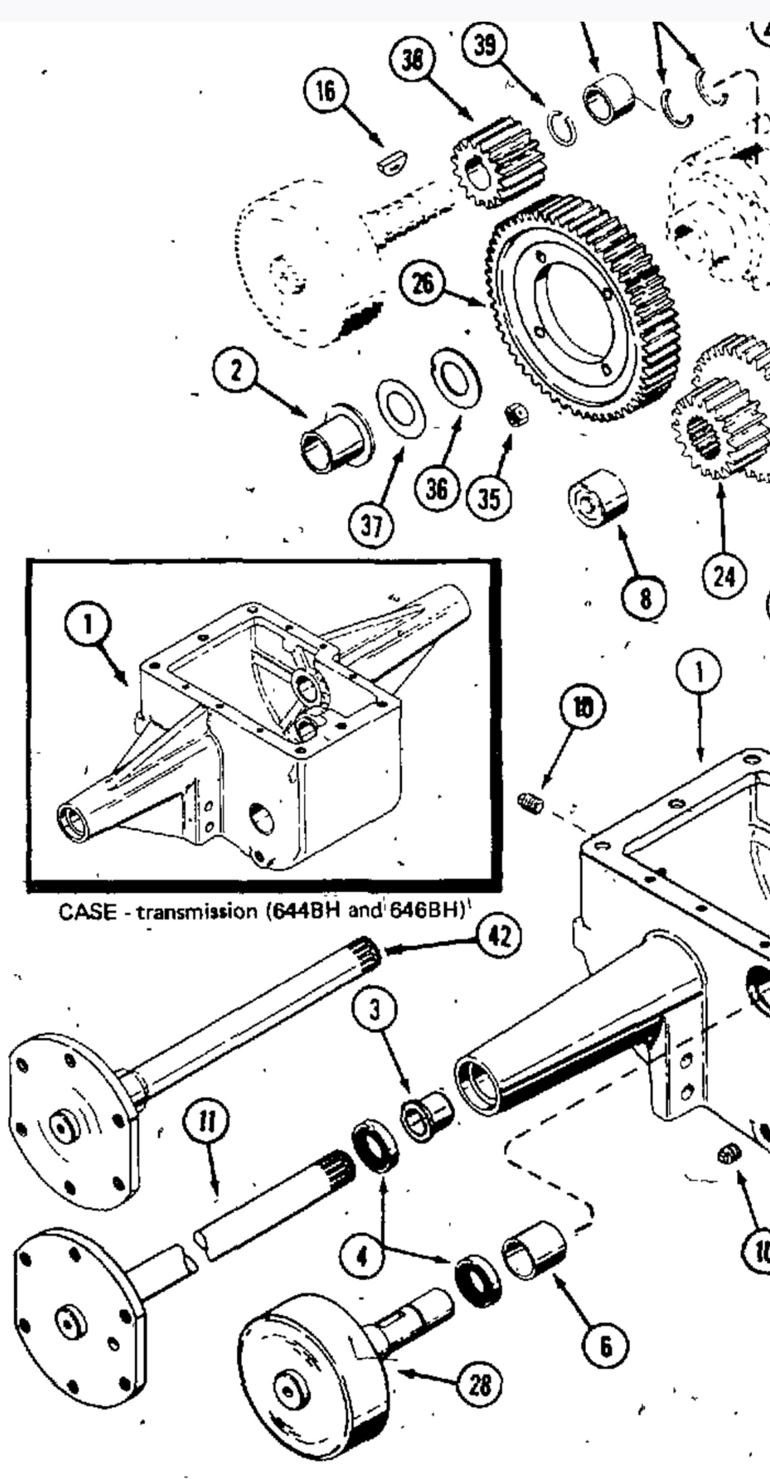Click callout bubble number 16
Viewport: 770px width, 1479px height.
[x=325, y=91]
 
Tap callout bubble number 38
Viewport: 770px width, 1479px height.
[x=412, y=60]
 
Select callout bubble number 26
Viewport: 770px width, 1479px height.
[x=423, y=283]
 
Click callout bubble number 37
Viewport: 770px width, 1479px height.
[x=371, y=527]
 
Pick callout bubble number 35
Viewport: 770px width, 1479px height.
[x=488, y=498]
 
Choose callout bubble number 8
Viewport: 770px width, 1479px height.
[x=644, y=598]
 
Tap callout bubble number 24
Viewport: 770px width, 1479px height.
[x=724, y=577]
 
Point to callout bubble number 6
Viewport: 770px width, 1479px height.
[x=605, y=1346]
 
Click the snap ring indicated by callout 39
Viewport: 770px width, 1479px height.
[x=561, y=128]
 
